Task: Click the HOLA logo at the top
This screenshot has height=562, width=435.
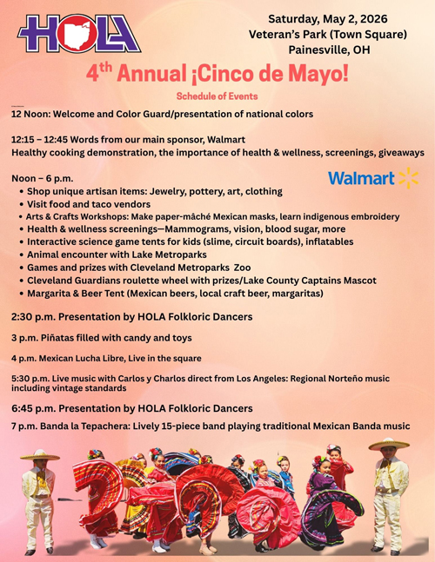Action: click(78, 34)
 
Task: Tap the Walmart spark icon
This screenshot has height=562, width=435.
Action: click(408, 178)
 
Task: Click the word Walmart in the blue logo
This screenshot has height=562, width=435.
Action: click(360, 179)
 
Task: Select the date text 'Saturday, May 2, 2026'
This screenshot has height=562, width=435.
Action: click(327, 18)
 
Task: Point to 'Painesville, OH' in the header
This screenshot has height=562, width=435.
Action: click(327, 50)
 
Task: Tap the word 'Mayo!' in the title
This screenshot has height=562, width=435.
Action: click(313, 73)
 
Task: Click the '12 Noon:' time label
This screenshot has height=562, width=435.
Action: click(33, 114)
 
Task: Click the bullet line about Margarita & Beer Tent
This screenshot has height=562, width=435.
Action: click(174, 294)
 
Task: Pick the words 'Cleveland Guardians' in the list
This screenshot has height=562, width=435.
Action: click(81, 281)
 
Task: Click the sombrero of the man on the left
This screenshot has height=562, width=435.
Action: click(39, 454)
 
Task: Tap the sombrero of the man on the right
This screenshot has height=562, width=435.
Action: click(389, 444)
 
